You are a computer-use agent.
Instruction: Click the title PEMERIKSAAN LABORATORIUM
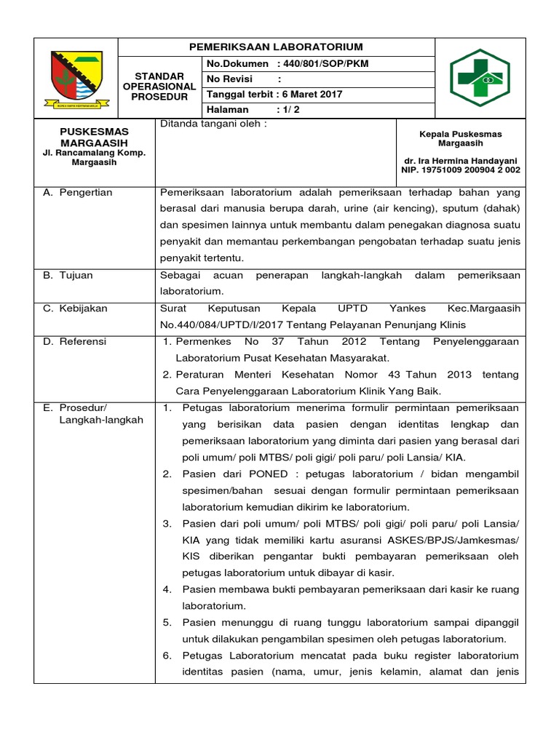coord(276,47)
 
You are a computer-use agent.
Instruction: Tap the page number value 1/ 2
coord(288,110)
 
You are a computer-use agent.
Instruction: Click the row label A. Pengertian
coord(78,193)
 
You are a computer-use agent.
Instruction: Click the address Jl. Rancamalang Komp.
coord(94,153)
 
